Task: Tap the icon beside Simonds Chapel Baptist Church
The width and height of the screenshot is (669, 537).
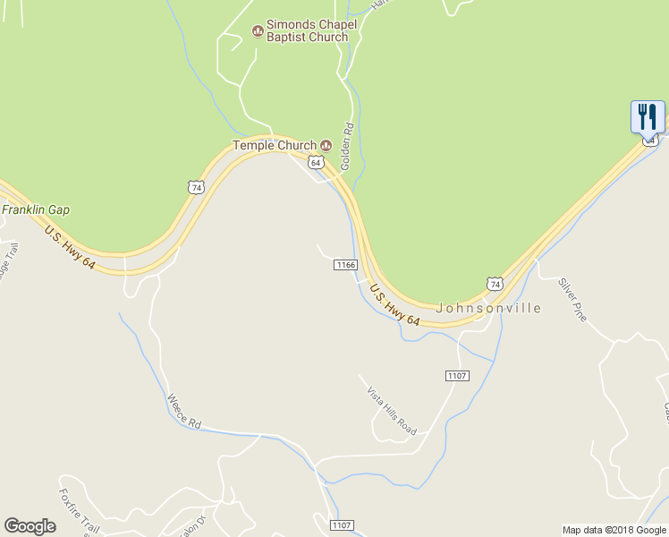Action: pyautogui.click(x=258, y=31)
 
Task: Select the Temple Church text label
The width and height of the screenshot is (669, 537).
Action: pyautogui.click(x=275, y=145)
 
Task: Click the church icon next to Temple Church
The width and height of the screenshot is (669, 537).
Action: pyautogui.click(x=326, y=145)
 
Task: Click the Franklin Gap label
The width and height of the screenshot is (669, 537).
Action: pyautogui.click(x=36, y=210)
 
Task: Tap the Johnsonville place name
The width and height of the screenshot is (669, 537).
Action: pyautogui.click(x=488, y=308)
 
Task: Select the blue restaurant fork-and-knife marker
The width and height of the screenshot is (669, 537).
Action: pyautogui.click(x=648, y=116)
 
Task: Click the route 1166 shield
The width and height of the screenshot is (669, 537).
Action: pyautogui.click(x=345, y=265)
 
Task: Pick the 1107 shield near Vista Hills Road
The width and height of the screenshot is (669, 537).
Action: pyautogui.click(x=456, y=376)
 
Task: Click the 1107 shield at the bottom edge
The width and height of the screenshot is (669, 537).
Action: pyautogui.click(x=342, y=525)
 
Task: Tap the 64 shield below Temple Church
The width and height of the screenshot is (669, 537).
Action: pyautogui.click(x=315, y=162)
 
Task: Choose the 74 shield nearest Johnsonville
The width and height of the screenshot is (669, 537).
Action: pyautogui.click(x=494, y=283)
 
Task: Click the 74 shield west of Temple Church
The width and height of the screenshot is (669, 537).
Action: pyautogui.click(x=197, y=186)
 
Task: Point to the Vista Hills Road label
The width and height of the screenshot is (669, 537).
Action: pyautogui.click(x=392, y=410)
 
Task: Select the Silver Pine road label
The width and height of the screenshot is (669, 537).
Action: pyautogui.click(x=572, y=300)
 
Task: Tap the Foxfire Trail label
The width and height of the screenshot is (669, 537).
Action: pyautogui.click(x=79, y=511)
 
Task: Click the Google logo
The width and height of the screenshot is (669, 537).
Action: pyautogui.click(x=30, y=526)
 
